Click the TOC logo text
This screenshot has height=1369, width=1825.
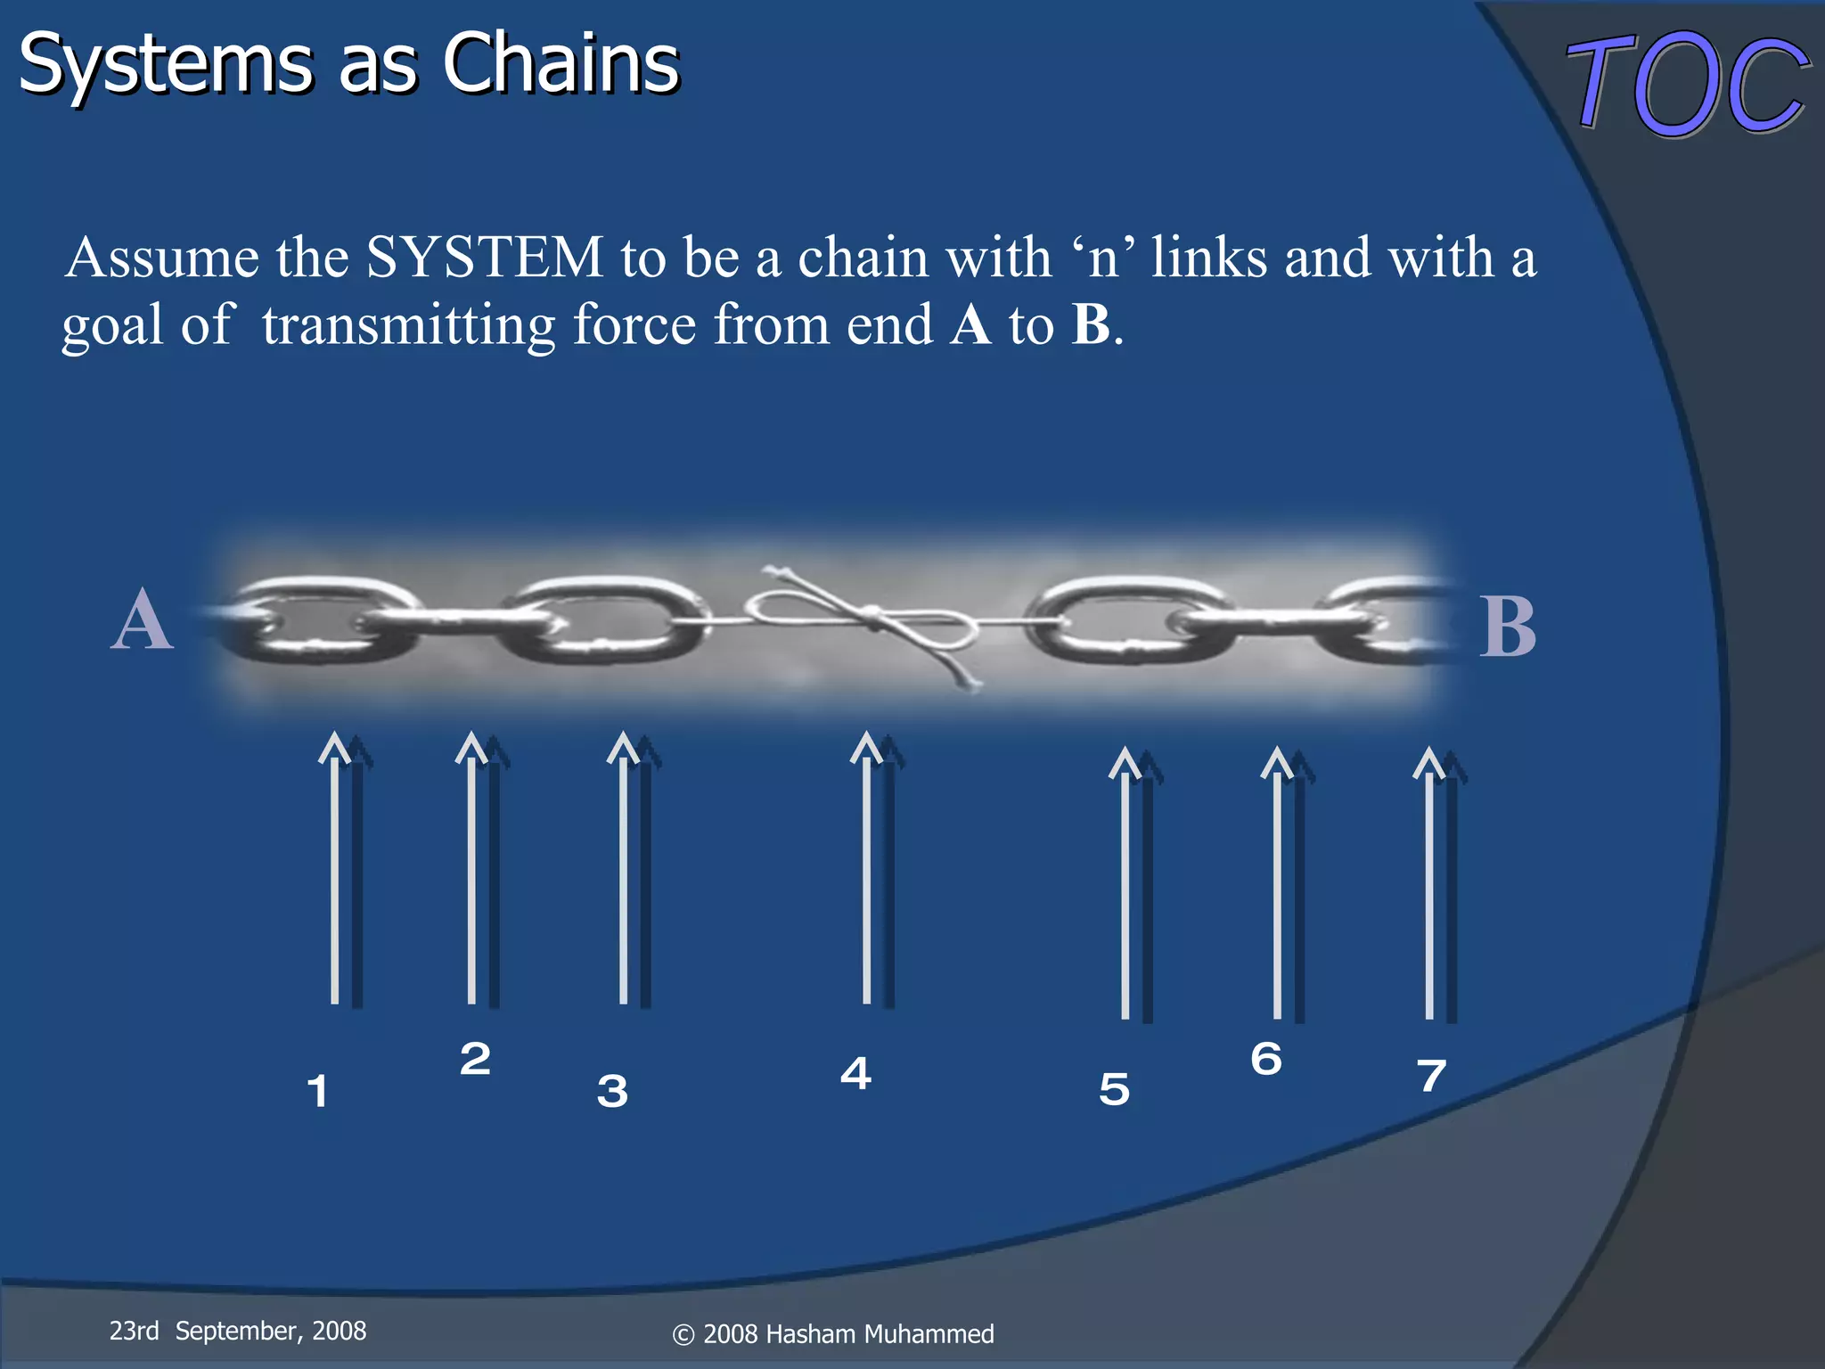pos(1687,84)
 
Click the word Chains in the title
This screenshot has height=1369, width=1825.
pos(561,64)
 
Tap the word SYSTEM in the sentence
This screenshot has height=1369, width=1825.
pos(485,258)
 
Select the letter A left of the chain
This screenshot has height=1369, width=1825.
pos(142,621)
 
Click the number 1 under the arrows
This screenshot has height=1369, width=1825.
pos(317,1091)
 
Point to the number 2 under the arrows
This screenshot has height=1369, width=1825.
pos(475,1059)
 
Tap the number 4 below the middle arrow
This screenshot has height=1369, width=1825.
pos(855,1073)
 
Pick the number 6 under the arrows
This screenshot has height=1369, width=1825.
pos(1266,1059)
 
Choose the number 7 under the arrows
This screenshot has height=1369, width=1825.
pos(1432,1076)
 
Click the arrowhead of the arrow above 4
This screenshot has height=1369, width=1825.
pos(866,747)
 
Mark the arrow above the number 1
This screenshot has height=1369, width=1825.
pos(335,873)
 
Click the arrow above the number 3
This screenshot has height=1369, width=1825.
pos(624,873)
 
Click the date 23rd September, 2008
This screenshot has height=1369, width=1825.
pos(238,1331)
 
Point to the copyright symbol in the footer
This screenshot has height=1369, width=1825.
pos(683,1335)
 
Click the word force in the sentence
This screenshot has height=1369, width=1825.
pos(634,324)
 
